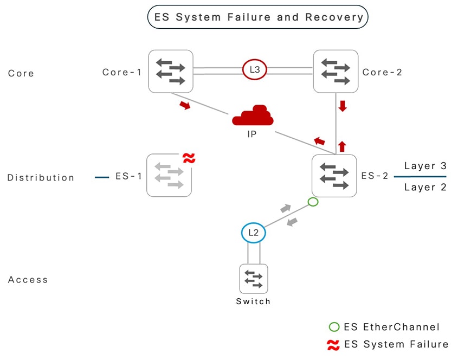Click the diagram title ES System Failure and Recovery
point(258,17)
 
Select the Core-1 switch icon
point(171,72)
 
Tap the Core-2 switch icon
point(336,72)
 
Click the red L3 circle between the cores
point(254,70)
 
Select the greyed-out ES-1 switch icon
point(169,176)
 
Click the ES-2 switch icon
point(334,176)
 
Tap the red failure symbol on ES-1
point(189,158)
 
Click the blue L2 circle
point(253,233)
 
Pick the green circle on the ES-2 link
point(312,202)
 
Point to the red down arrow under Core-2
point(342,106)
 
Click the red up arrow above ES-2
point(341,146)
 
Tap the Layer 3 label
point(425,166)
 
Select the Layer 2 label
point(425,187)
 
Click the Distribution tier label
point(41,177)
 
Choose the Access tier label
point(28,280)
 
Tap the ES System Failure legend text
point(396,344)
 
